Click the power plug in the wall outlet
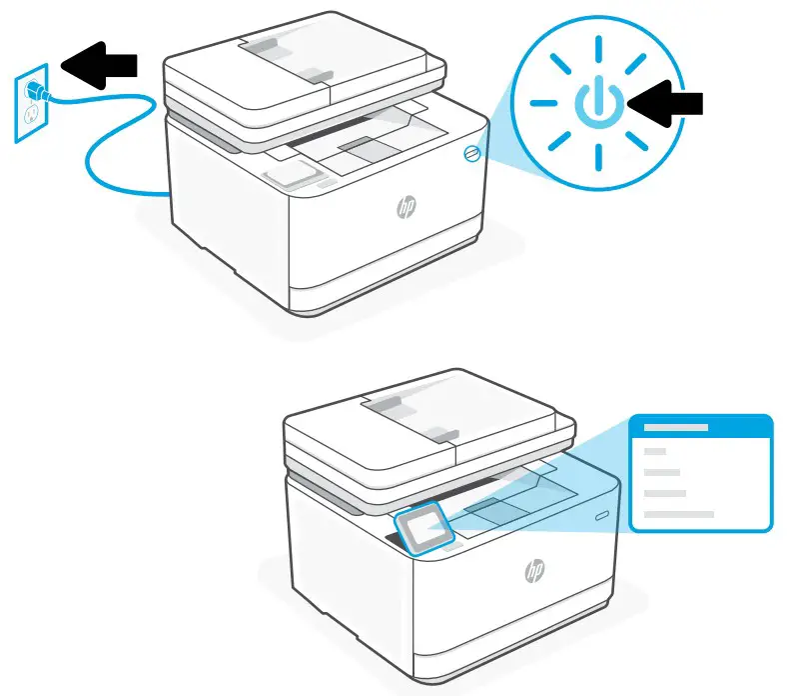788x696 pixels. (36, 91)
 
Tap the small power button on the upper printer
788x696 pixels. (472, 152)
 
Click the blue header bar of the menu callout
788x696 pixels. (699, 427)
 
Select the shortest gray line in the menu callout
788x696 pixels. (655, 452)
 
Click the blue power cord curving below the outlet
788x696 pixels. (110, 160)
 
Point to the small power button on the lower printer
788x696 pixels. (601, 517)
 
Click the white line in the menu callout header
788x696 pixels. (676, 427)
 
